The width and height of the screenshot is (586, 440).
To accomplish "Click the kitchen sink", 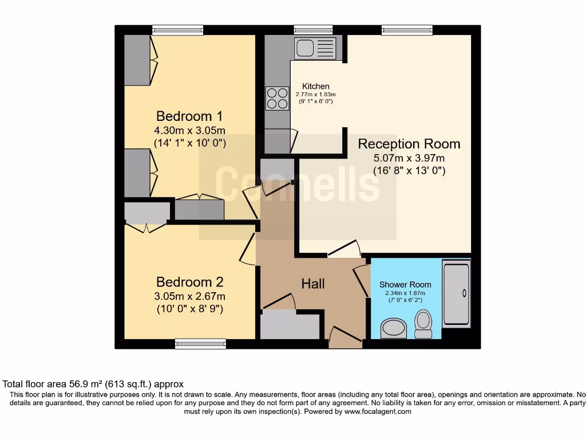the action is [315, 48].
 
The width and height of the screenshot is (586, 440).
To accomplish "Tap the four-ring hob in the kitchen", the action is [278, 99].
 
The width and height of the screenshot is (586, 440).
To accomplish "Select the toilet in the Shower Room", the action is [423, 324].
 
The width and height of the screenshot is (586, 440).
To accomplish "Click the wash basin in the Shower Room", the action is [394, 328].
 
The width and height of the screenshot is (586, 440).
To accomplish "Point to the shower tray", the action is [456, 294].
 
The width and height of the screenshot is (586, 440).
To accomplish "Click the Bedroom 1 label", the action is [189, 116].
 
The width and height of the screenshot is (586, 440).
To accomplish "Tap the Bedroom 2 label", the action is [190, 282].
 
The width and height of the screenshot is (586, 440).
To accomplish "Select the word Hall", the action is [313, 284].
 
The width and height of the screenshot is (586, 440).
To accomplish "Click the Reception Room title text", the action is [409, 144].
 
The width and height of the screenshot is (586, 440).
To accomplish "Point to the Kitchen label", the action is [316, 87].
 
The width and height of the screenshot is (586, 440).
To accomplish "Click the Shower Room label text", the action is [406, 285].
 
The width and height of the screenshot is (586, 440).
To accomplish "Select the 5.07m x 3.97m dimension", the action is [409, 158].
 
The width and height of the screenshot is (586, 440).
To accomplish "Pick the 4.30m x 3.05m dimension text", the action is [190, 131].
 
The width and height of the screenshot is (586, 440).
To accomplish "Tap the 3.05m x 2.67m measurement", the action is [190, 296].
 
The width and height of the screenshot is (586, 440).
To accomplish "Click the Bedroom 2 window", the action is [201, 344].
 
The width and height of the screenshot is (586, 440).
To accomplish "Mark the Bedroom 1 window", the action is [178, 30].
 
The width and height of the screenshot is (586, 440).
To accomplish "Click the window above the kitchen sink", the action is [313, 30].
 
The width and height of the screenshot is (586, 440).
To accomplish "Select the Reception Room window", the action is [407, 30].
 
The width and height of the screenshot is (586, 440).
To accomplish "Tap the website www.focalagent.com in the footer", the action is [378, 411].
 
